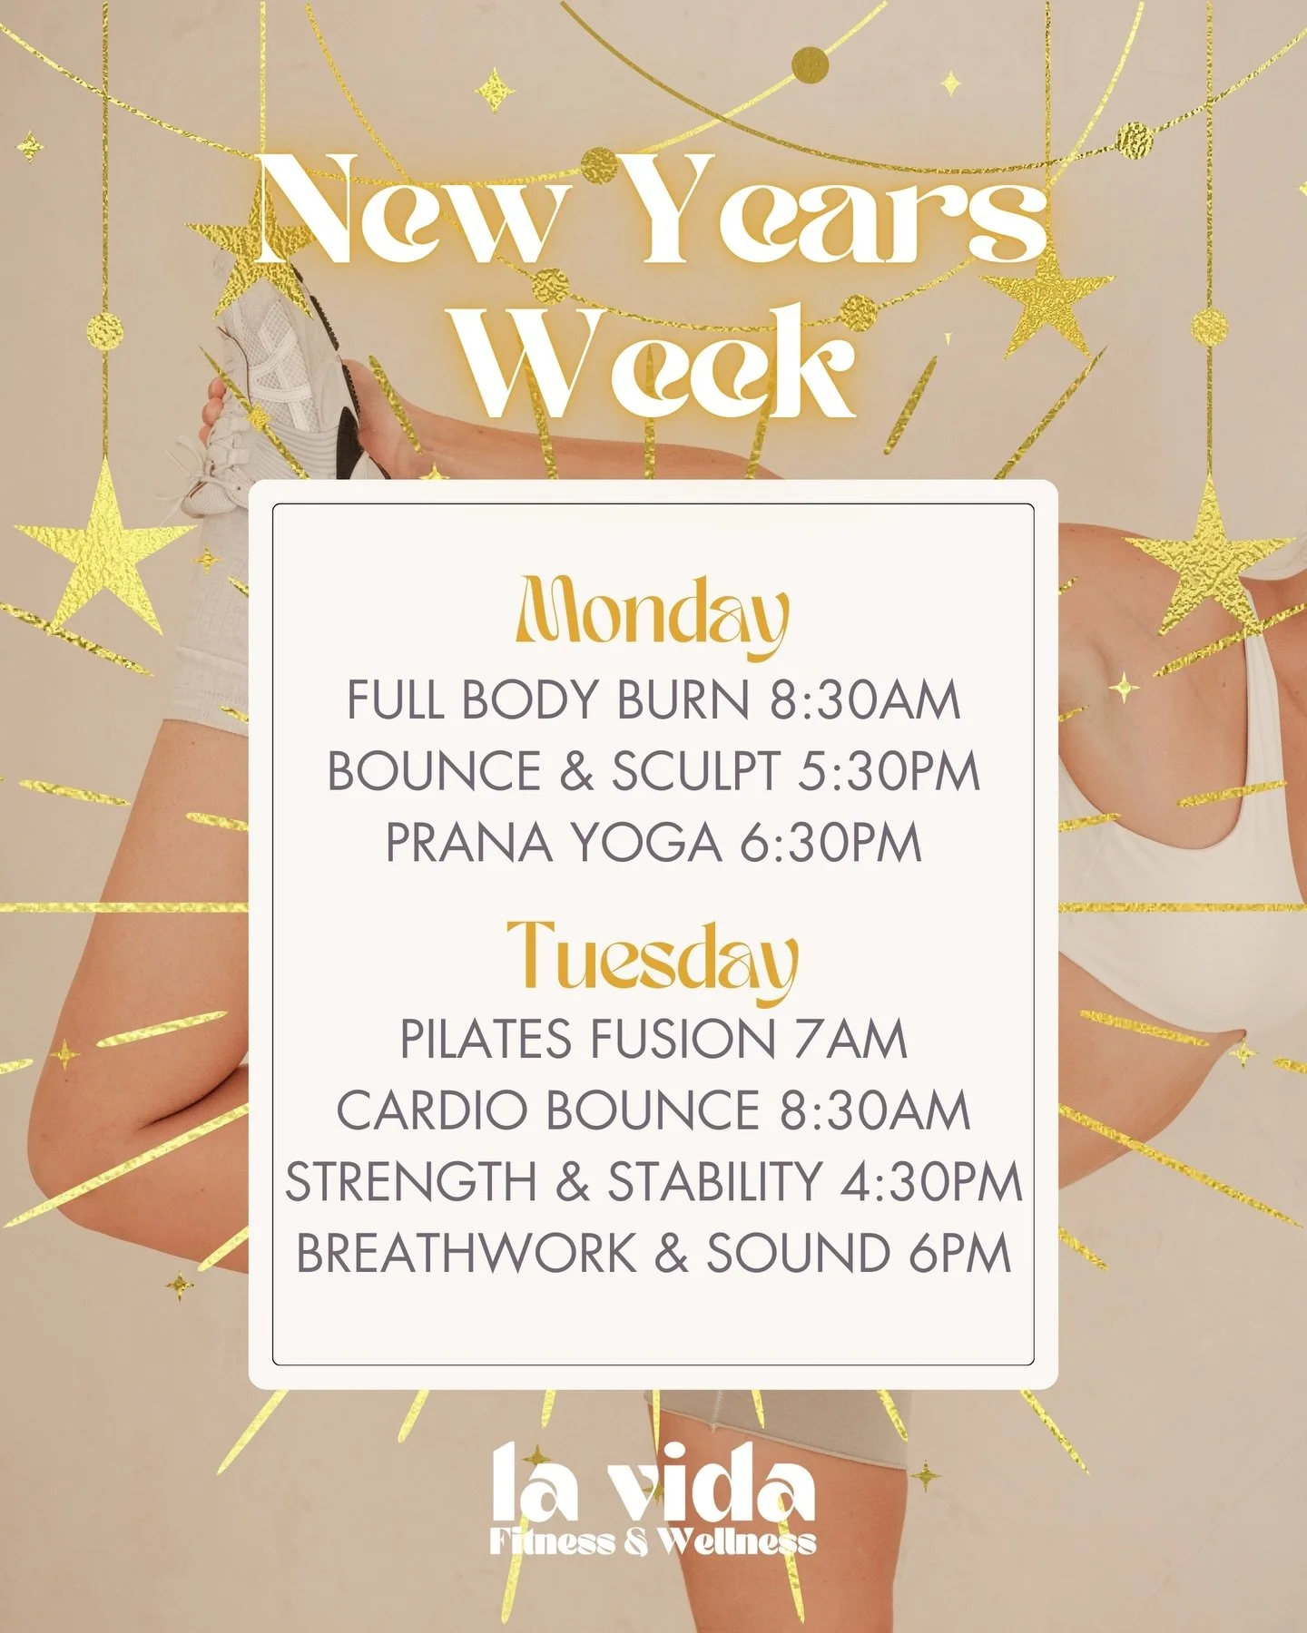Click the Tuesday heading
pyautogui.click(x=652, y=958)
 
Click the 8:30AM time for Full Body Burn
pyautogui.click(x=865, y=700)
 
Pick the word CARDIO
pyautogui.click(x=432, y=1110)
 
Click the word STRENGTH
pyautogui.click(x=411, y=1181)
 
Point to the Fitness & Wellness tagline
pyautogui.click(x=653, y=1540)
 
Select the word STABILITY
pyautogui.click(x=714, y=1181)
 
